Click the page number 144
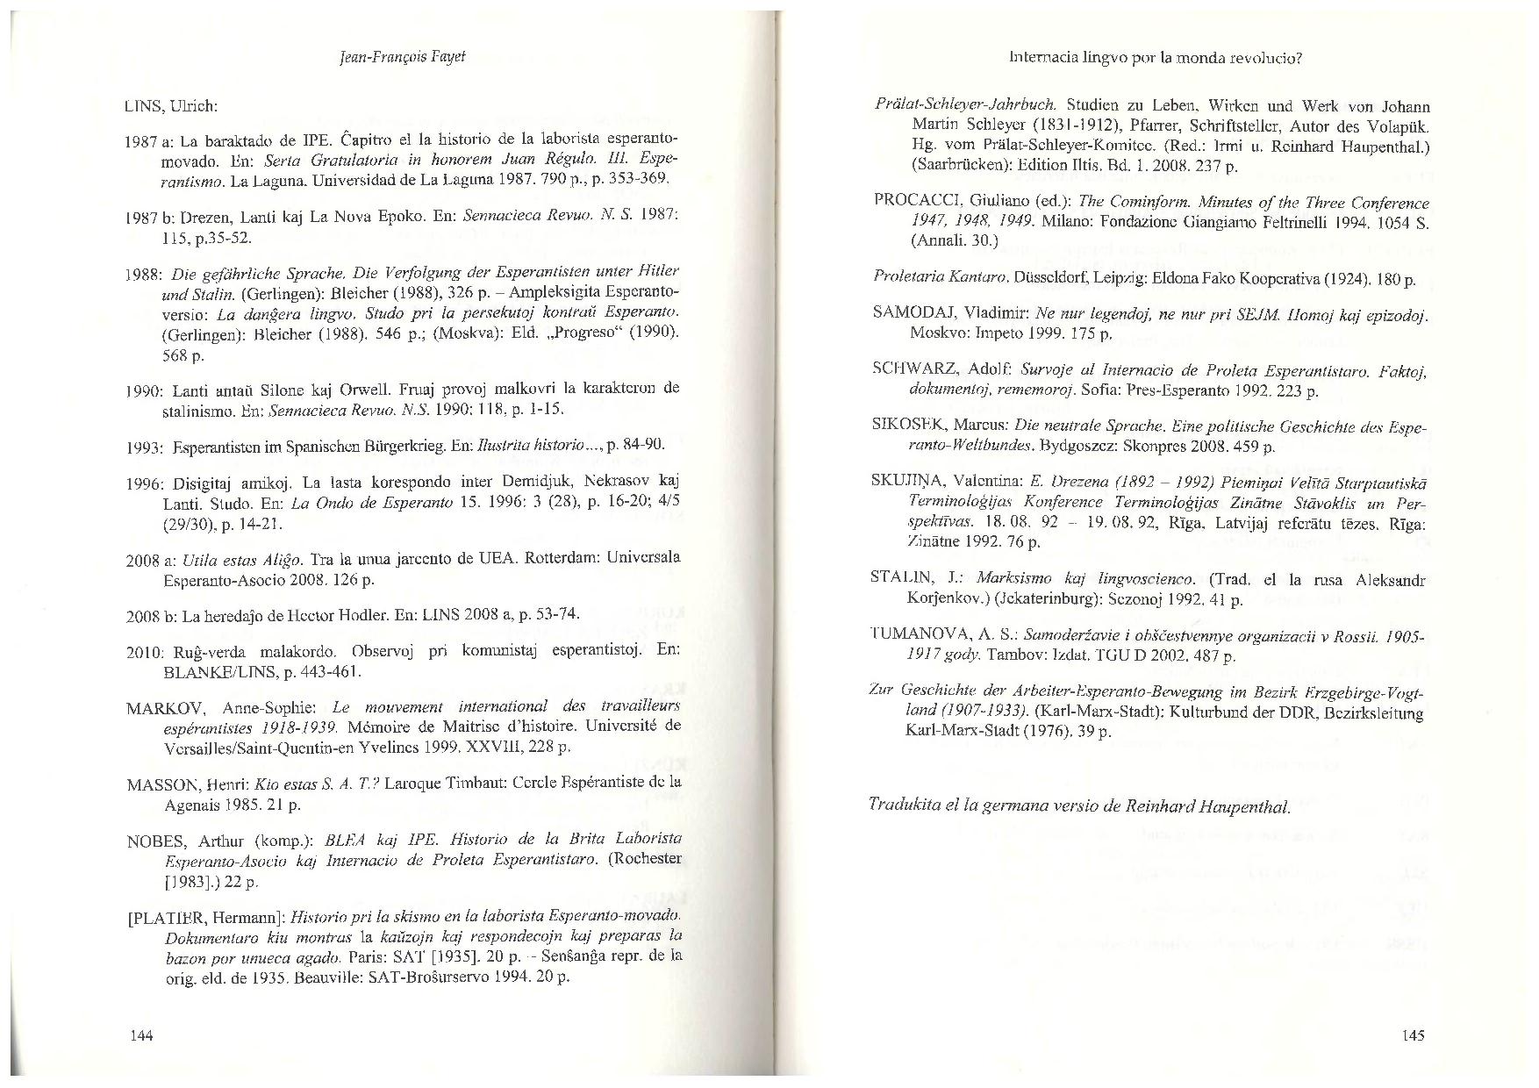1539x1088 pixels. point(141,1036)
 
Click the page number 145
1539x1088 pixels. point(1413,1035)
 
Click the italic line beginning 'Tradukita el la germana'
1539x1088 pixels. point(1078,805)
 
